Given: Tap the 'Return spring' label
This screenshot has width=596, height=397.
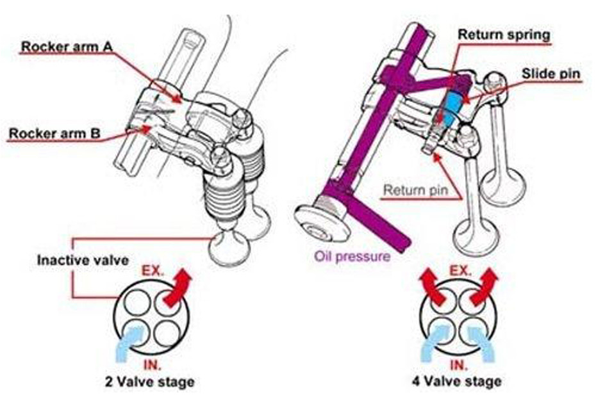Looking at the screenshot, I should coord(503,35).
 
